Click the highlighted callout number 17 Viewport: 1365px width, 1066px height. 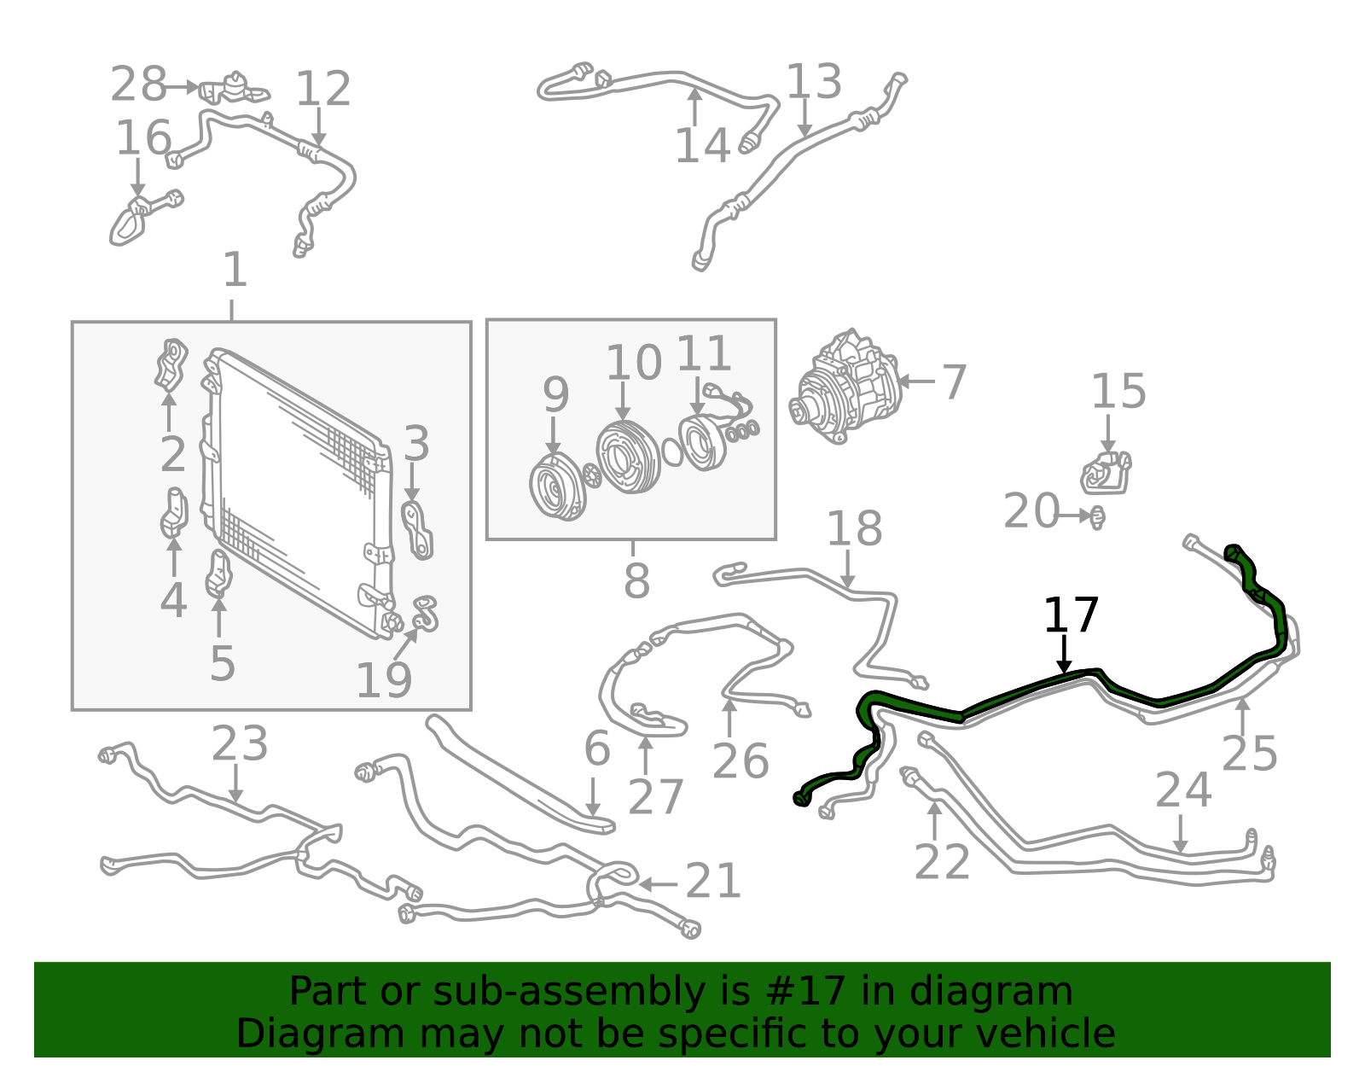(x=1071, y=615)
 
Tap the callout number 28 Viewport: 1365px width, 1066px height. (x=138, y=84)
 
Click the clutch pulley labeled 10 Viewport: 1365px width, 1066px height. (x=628, y=457)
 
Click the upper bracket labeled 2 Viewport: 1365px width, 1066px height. (x=171, y=365)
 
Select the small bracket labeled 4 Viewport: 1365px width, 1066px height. (x=174, y=513)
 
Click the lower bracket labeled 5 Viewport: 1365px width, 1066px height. (x=218, y=574)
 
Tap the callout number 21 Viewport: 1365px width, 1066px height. (x=713, y=881)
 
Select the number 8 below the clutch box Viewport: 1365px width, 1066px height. (x=636, y=581)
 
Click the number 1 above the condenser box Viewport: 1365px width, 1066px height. (x=235, y=270)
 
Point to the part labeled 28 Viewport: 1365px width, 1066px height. (x=234, y=89)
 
